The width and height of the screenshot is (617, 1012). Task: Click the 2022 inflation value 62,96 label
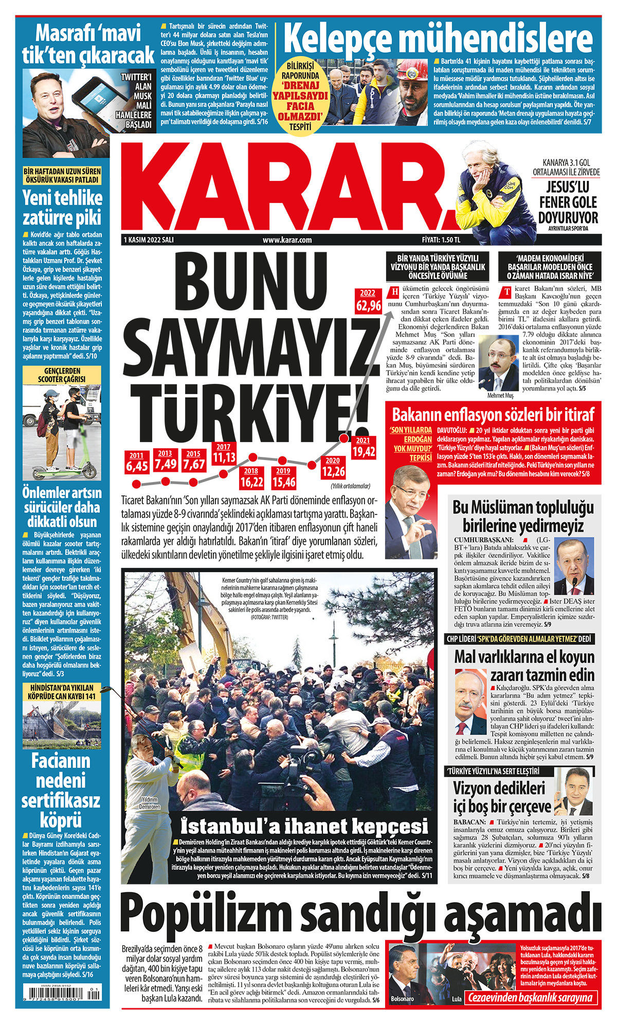368,305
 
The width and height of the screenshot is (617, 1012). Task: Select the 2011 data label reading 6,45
137,466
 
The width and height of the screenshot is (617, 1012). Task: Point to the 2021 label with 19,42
364,451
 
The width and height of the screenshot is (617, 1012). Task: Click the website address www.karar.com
287,240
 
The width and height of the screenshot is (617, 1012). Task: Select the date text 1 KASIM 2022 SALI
149,240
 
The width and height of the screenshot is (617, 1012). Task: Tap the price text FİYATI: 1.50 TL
441,240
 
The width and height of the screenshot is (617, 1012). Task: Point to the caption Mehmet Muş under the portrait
500,396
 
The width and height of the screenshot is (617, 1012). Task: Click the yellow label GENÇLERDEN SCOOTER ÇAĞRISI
62,375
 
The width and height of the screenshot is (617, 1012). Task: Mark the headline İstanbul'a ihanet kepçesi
304,826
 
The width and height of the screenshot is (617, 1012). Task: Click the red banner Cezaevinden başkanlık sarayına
530,998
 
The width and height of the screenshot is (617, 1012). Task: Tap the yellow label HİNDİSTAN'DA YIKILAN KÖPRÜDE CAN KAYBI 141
62,692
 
